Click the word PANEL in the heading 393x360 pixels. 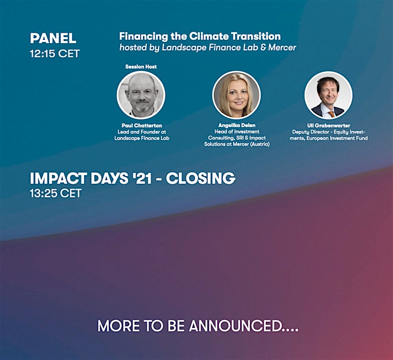(x=53, y=38)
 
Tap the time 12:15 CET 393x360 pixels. (x=55, y=53)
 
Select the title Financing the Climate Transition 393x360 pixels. (x=200, y=37)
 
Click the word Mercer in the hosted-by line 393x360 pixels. (x=282, y=47)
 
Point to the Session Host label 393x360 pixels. (x=141, y=67)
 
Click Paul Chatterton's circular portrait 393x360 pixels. (x=141, y=95)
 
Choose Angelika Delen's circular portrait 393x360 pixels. (x=236, y=95)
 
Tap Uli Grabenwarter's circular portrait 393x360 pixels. (x=329, y=95)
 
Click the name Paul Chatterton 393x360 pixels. (x=142, y=125)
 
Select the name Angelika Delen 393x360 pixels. (x=237, y=125)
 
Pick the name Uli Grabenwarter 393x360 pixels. (x=329, y=125)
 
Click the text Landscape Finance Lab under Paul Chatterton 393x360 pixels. (x=142, y=139)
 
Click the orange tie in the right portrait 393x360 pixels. (x=331, y=114)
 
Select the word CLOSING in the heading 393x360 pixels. (x=200, y=178)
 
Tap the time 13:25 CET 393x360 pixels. (x=56, y=194)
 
